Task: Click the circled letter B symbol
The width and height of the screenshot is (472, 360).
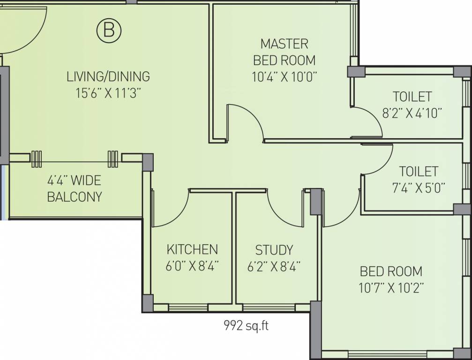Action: [x=109, y=30]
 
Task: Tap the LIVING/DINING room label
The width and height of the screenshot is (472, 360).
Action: [x=108, y=76]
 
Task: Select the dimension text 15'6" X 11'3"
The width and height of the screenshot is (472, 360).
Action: [x=108, y=93]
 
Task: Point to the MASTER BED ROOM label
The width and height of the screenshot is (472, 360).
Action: [x=285, y=52]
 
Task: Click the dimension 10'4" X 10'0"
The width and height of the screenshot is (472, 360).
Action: [x=285, y=77]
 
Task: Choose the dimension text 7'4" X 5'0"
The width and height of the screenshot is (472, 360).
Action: [x=419, y=188]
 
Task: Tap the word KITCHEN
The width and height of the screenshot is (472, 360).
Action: [x=192, y=249]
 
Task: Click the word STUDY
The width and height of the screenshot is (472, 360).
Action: [x=274, y=250]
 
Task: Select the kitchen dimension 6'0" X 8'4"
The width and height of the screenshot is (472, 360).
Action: [x=192, y=266]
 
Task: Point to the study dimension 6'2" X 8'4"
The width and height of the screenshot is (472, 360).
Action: [x=274, y=267]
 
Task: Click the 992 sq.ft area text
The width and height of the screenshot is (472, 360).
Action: [x=246, y=325]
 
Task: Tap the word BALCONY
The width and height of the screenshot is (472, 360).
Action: [x=75, y=197]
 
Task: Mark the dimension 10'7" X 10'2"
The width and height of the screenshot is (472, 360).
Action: [x=391, y=288]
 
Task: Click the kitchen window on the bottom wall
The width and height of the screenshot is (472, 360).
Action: [x=188, y=307]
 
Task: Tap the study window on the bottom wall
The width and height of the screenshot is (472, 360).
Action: [x=269, y=307]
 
